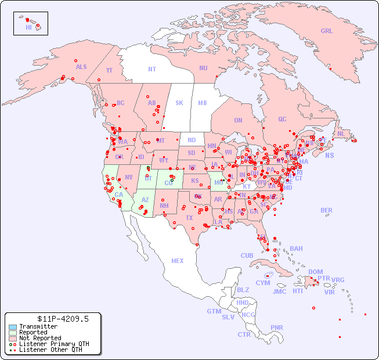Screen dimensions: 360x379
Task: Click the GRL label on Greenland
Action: click(x=327, y=31)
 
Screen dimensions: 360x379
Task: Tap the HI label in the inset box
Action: click(x=28, y=27)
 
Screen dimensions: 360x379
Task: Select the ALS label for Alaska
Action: click(x=81, y=67)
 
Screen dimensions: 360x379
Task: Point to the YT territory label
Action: click(x=109, y=70)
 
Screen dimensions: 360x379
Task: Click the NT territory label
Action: click(x=152, y=69)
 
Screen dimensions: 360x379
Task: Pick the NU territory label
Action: click(x=203, y=68)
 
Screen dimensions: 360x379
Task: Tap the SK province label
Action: click(x=179, y=103)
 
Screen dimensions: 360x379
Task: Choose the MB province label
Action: click(x=203, y=103)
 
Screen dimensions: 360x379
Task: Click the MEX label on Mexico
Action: click(x=178, y=261)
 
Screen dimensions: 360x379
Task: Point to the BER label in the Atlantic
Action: click(x=327, y=210)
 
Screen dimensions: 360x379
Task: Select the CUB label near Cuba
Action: click(x=247, y=255)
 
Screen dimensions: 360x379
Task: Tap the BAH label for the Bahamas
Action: click(x=296, y=249)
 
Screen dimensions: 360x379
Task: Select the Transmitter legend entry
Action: click(x=38, y=327)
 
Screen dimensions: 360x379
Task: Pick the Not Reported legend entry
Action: click(x=40, y=338)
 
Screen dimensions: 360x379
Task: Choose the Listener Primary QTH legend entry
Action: click(x=50, y=344)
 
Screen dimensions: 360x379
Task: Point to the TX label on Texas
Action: click(x=189, y=218)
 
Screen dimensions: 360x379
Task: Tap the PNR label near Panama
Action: click(x=277, y=327)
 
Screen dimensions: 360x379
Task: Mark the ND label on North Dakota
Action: click(x=192, y=140)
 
